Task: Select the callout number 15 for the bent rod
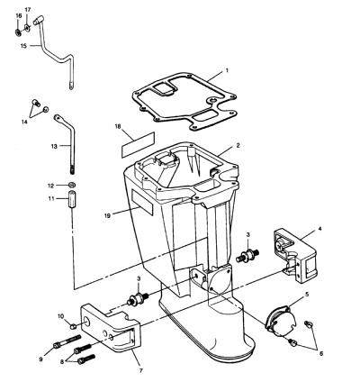(24, 46)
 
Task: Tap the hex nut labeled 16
(18, 32)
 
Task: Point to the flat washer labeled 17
(27, 28)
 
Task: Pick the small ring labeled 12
(72, 185)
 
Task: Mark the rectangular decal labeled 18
(138, 144)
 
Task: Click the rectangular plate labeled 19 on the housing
(142, 202)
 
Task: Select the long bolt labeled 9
(67, 341)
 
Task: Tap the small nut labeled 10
(72, 326)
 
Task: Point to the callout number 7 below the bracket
(140, 370)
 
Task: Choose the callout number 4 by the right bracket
(319, 229)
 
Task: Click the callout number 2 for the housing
(238, 146)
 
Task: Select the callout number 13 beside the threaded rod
(54, 146)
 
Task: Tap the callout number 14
(24, 122)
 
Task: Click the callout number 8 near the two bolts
(62, 362)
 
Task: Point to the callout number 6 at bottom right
(321, 354)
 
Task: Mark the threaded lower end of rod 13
(72, 168)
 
